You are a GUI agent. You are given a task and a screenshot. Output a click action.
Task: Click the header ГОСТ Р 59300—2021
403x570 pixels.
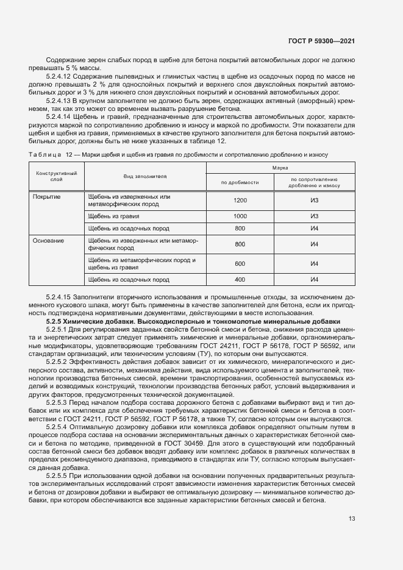pos(321,41)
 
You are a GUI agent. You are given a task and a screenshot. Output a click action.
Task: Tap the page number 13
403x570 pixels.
pos(352,518)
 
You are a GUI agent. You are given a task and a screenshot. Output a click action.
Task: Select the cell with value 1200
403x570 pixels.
pos(240,201)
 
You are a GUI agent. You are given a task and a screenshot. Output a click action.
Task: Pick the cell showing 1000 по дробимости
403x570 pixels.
pos(240,216)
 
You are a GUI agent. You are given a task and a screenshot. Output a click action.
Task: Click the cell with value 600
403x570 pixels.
pos(240,264)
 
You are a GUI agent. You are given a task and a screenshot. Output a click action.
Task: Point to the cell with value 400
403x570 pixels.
pos(240,280)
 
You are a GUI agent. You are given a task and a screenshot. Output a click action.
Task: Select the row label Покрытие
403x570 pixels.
pos(46,198)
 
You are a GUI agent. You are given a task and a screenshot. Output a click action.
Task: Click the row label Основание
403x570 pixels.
pos(48,241)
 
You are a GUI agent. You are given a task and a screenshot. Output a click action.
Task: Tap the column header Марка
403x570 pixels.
pos(280,166)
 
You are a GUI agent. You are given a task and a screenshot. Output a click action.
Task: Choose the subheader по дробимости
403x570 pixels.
pos(240,182)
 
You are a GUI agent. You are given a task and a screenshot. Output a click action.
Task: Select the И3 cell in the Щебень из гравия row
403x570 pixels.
pos(315,216)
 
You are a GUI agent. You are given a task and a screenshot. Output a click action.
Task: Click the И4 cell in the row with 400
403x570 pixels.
pos(315,280)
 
